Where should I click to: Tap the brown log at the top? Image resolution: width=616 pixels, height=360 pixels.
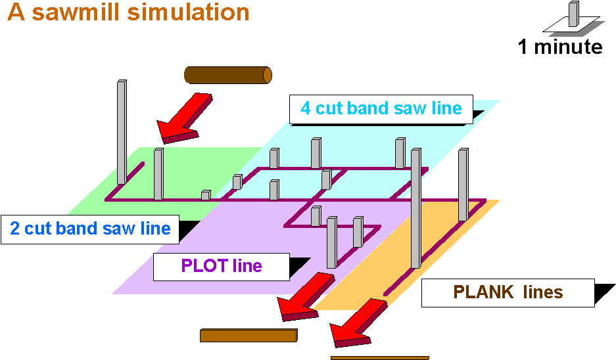click(x=227, y=75)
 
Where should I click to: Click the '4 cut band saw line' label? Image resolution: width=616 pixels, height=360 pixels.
click(x=381, y=108)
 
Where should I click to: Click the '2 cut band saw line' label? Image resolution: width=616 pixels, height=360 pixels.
click(x=90, y=229)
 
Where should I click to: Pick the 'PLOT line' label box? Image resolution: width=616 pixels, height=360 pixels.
click(x=222, y=266)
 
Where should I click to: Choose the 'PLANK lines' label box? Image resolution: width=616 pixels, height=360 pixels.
click(x=508, y=292)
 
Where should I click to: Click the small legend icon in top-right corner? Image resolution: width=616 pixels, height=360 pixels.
click(x=574, y=19)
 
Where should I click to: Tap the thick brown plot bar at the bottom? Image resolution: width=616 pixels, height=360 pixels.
click(x=248, y=336)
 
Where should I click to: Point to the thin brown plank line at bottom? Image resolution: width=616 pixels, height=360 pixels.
click(x=379, y=358)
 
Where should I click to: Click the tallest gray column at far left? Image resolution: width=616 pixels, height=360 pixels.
click(x=122, y=131)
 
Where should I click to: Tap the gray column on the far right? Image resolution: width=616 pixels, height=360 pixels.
click(x=463, y=185)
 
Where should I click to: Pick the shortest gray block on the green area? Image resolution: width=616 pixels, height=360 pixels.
click(x=206, y=194)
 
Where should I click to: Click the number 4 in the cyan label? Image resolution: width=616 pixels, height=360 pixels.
click(x=306, y=108)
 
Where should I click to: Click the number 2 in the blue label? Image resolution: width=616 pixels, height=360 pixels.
click(x=14, y=229)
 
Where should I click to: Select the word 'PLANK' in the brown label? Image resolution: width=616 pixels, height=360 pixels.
click(x=483, y=292)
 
